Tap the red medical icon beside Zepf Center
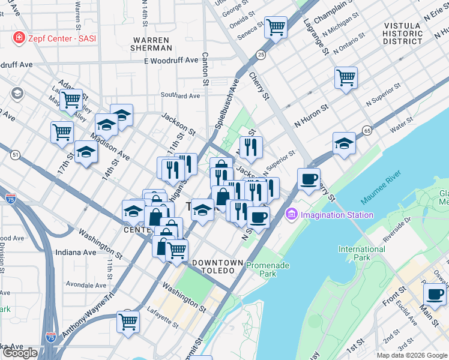click(19, 38)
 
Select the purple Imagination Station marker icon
click(292, 214)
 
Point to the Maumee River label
click(381, 187)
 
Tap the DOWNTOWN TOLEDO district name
click(217, 267)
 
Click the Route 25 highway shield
click(260, 55)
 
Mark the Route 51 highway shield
click(15, 155)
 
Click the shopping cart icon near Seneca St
click(276, 26)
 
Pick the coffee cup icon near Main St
click(434, 294)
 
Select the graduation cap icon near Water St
click(344, 143)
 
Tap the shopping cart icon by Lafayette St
click(128, 322)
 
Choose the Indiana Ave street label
click(76, 253)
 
